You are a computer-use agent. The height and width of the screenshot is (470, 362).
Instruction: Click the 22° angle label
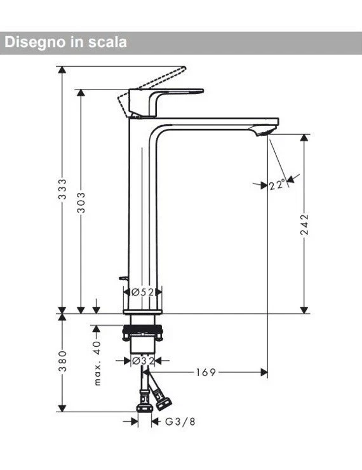[x=276, y=185]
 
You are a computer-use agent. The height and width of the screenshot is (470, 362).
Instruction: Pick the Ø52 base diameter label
[x=143, y=292]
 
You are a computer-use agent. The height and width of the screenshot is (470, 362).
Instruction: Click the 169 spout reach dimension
[x=206, y=373]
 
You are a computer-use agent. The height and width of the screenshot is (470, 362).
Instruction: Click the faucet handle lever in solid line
[x=168, y=93]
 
